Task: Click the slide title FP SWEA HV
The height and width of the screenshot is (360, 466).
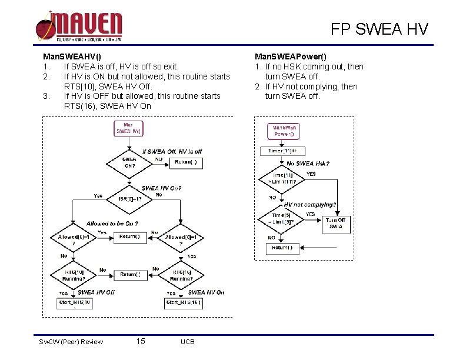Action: click(379, 29)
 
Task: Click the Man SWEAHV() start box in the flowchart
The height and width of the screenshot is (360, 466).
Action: click(128, 129)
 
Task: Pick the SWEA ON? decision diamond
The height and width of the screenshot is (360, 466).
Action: click(129, 162)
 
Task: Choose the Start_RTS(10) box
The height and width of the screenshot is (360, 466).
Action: click(74, 303)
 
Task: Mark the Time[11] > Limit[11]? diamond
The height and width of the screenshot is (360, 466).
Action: click(282, 178)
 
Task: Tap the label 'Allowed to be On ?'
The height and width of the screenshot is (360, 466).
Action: click(112, 224)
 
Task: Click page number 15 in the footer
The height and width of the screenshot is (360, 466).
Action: click(141, 341)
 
